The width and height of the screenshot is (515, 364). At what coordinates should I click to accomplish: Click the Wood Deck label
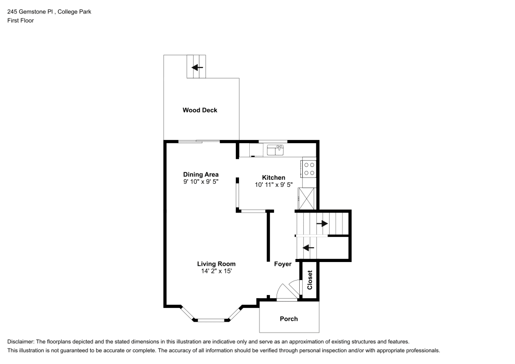[200, 110]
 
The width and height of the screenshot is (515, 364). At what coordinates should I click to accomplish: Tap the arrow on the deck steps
[197, 67]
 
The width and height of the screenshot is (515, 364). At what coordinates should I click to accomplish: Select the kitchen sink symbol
[276, 150]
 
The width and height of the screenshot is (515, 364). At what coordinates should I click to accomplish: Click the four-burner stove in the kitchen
[309, 169]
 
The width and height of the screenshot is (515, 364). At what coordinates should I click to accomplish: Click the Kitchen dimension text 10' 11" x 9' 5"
[273, 185]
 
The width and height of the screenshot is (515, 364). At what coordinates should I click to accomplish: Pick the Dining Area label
[201, 175]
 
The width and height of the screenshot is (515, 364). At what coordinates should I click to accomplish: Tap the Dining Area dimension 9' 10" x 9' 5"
[201, 182]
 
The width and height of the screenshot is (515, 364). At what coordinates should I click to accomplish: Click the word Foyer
[283, 264]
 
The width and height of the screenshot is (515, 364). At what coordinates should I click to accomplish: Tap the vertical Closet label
[310, 280]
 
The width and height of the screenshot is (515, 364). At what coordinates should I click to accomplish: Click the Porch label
[288, 319]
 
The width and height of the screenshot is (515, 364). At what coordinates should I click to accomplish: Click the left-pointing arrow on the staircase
[308, 248]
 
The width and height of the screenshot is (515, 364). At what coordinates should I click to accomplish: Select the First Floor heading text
[20, 21]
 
